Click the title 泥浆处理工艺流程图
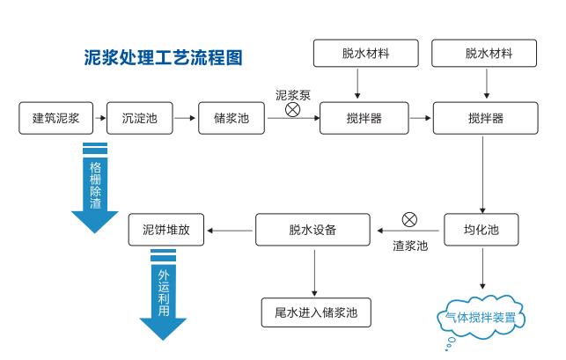click(162, 58)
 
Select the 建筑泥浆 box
click(55, 118)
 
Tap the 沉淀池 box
click(138, 118)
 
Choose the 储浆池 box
click(231, 118)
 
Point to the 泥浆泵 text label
click(293, 93)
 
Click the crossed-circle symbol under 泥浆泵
click(292, 110)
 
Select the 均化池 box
click(481, 230)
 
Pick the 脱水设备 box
click(313, 231)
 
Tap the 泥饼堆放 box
click(166, 231)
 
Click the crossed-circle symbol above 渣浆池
click(409, 220)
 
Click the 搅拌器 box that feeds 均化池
click(485, 118)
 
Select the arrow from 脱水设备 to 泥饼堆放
click(230, 231)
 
